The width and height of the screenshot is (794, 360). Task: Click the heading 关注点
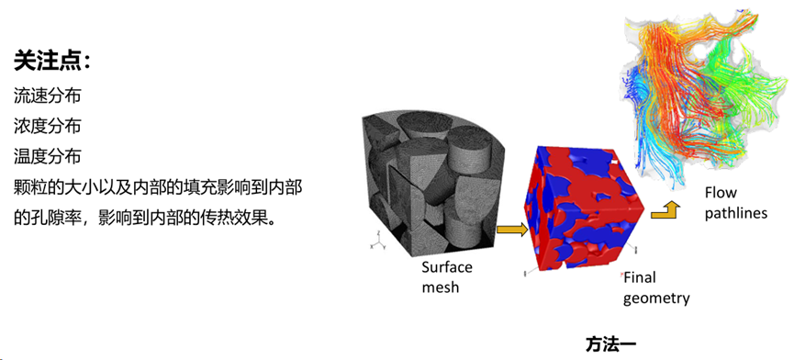51,62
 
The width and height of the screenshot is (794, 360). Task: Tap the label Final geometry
655,287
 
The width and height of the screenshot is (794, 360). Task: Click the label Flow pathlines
735,203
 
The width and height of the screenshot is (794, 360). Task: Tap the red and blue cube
577,207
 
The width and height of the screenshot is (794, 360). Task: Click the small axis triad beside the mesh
375,241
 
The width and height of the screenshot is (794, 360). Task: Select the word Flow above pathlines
721,193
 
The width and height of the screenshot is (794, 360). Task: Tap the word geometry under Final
656,298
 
